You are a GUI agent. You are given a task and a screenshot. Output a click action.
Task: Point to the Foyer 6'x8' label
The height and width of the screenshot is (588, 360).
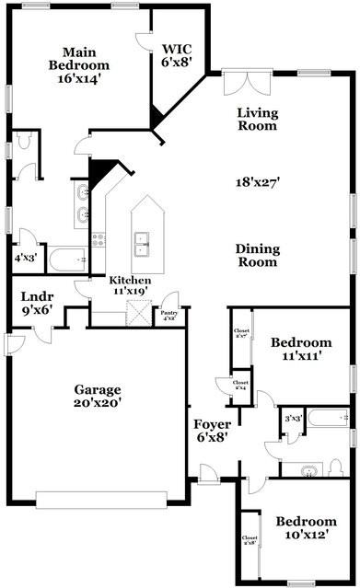[x=212, y=432]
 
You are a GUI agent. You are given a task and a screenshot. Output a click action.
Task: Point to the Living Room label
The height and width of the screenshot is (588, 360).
[x=258, y=120]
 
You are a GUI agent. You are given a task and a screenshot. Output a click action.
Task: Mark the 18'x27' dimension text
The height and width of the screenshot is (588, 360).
[x=258, y=182]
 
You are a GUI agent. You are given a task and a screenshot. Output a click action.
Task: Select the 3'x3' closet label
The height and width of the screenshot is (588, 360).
[x=294, y=419]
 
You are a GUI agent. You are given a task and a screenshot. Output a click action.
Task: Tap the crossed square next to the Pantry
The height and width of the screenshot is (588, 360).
[x=137, y=316]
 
